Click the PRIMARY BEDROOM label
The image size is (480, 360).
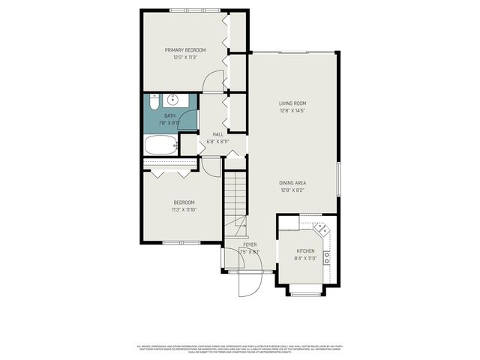pos(185,50)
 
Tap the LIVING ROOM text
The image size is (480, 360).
pos(292,103)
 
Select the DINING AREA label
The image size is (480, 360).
pos(292,182)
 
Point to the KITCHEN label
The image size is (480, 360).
pos(305,251)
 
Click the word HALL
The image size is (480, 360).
pos(217,134)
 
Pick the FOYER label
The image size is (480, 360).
pos(250,245)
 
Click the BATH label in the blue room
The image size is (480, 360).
pos(170,115)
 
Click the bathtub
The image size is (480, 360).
pos(159,145)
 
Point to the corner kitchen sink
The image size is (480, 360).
pos(319,228)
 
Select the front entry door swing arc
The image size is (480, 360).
pos(249,283)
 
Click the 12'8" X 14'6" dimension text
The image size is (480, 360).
pos(292,111)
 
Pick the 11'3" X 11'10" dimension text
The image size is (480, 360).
pos(184,210)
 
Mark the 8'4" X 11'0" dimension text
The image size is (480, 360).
pos(305,259)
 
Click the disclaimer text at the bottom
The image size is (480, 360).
pos(240,349)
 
